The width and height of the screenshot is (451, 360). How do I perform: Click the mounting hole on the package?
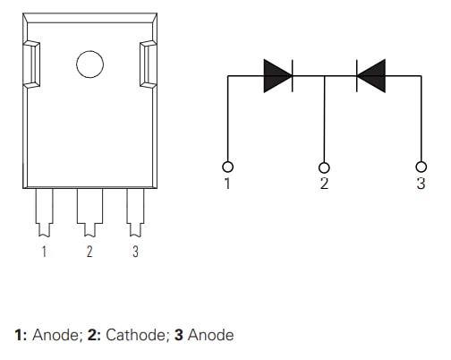pos(89,64)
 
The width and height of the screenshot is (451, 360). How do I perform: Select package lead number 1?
pos(43,210)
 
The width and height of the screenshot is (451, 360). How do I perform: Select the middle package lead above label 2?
pos(89,210)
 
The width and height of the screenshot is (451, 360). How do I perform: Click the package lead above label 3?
pos(135,210)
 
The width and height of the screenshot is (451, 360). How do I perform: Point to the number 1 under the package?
pos(43,252)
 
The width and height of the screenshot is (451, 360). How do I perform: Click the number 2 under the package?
pos(89,252)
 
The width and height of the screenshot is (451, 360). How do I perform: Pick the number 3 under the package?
pos(135,252)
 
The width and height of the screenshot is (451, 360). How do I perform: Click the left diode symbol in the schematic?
pos(278,76)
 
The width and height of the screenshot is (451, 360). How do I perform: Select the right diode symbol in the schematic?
pos(370,76)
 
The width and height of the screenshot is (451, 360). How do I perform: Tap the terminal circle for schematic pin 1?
pos(228,167)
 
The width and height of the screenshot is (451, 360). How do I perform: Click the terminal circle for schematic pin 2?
pos(324,167)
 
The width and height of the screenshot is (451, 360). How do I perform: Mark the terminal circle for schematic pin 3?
pos(421,167)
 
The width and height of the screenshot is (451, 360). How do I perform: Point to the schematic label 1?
pos(228,184)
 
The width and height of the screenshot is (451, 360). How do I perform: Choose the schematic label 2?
pos(324,184)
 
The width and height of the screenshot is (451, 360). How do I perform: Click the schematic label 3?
pos(421,184)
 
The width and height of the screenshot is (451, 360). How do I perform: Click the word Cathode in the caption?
pos(134,335)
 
